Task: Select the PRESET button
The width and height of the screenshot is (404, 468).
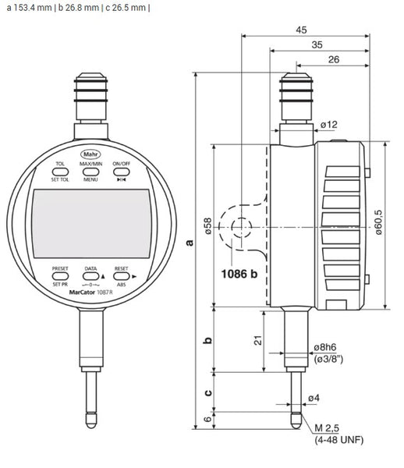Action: (60, 277)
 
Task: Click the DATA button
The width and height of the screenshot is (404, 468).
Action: (90, 277)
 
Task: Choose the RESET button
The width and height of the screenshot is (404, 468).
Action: (121, 277)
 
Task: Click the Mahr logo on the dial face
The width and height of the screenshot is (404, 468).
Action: (90, 153)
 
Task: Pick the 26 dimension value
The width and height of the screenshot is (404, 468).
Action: (333, 60)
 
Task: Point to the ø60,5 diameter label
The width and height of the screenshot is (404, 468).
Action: (379, 225)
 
